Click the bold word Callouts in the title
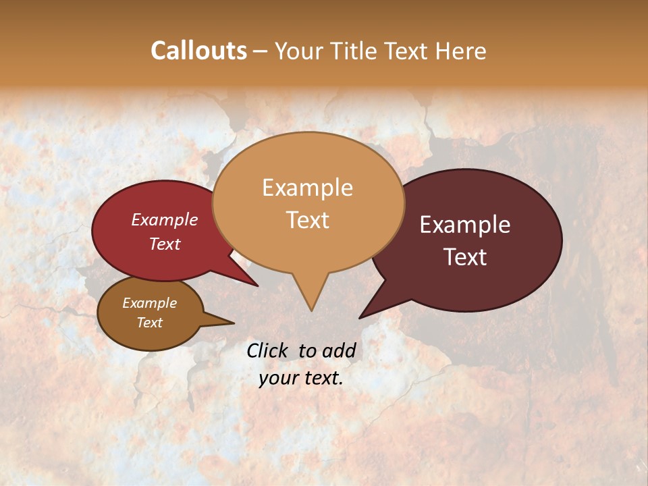pos(198,51)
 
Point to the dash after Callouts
pos(261,51)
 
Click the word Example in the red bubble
pos(165,219)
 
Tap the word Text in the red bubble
pos(165,244)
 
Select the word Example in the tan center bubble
pos(307,188)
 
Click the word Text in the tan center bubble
pos(307,219)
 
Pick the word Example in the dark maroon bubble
pos(465,225)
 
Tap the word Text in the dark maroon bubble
pos(465,257)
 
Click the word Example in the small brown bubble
pos(149,303)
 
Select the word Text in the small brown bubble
pos(149,323)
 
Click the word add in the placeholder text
pos(339,350)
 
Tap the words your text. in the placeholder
pos(301,378)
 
